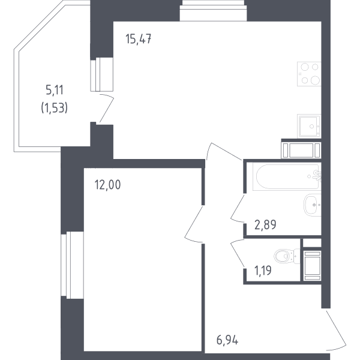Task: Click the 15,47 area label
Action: [138, 39]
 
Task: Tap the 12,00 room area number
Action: [107, 185]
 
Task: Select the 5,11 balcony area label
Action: [55, 90]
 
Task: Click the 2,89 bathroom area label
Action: [265, 224]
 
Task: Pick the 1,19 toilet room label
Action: [263, 270]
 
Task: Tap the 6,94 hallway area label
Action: [227, 340]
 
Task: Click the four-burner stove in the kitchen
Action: [309, 74]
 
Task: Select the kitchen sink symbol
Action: [309, 126]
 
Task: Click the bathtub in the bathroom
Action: [287, 176]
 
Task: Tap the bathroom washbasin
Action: [313, 205]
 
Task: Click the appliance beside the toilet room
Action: [312, 266]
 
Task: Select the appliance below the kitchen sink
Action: [301, 151]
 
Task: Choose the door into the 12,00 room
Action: [194, 224]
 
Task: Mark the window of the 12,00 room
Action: [72, 265]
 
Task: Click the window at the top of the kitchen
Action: [213, 11]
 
